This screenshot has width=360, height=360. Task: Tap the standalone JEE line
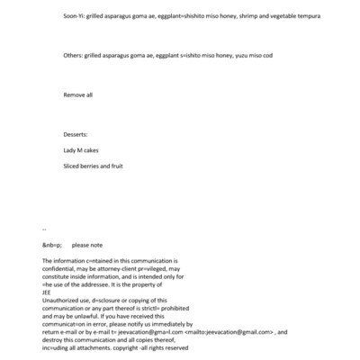[x=48, y=291]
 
